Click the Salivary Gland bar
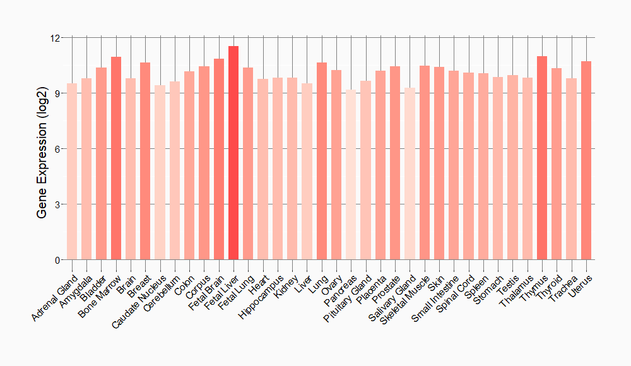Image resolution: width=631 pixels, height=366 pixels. tap(410, 174)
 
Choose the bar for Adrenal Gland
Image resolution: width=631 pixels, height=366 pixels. tap(72, 172)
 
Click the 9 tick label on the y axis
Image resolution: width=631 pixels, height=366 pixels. tap(56, 93)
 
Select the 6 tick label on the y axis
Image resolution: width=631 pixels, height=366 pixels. tap(56, 149)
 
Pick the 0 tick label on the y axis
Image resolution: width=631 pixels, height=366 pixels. tap(56, 260)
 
